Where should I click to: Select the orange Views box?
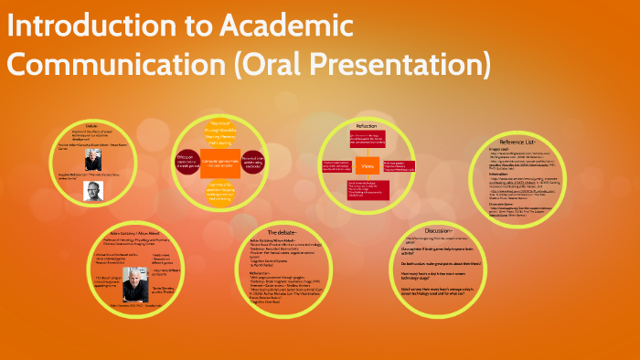(x=365, y=168)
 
